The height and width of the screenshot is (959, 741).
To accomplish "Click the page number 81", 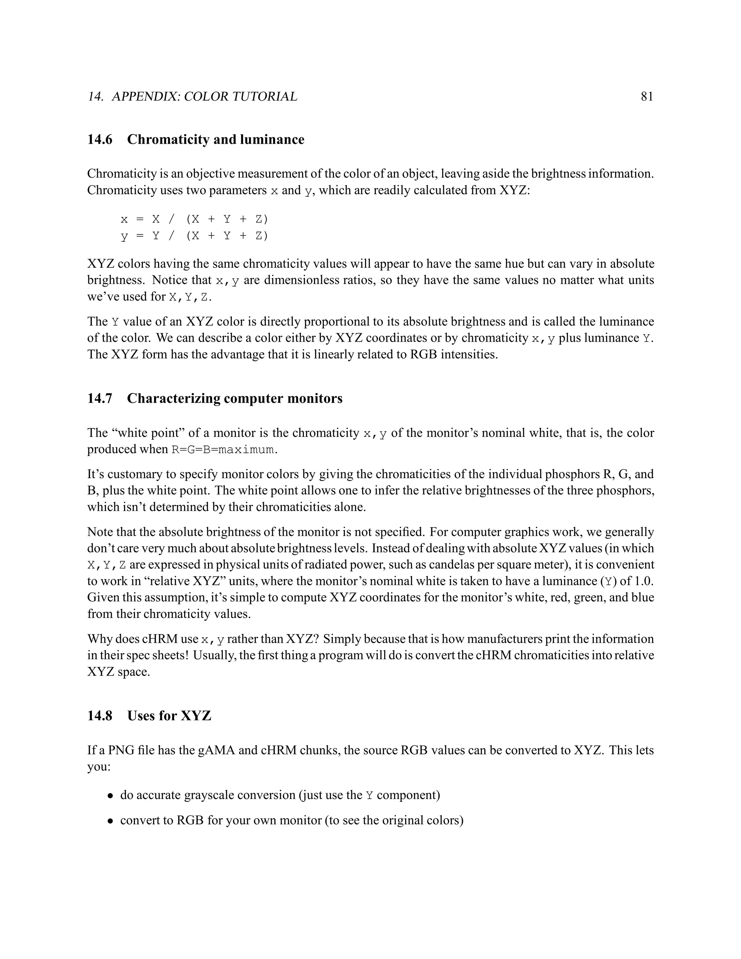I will click(x=647, y=97).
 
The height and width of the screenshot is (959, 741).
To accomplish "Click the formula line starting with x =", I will click(x=194, y=219).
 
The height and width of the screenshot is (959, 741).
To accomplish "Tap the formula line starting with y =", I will click(x=194, y=236).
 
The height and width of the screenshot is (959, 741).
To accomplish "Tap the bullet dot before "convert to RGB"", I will click(x=111, y=821).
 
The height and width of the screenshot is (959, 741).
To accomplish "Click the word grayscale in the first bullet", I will click(x=213, y=795).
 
